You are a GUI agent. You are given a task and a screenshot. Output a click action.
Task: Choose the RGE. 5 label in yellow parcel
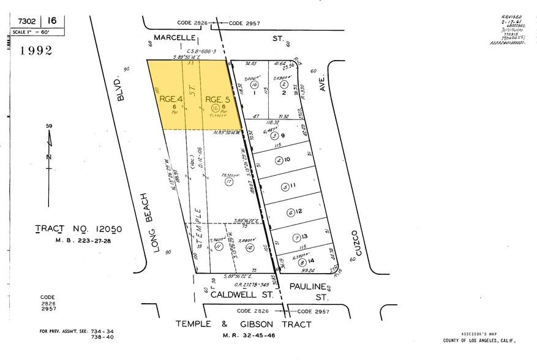pos(217,99)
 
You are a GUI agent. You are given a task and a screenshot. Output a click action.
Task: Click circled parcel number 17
pos(229,181)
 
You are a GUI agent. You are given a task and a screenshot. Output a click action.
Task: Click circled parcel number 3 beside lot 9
pos(275,136)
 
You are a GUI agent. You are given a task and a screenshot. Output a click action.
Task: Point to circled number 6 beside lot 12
pos(290,212)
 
